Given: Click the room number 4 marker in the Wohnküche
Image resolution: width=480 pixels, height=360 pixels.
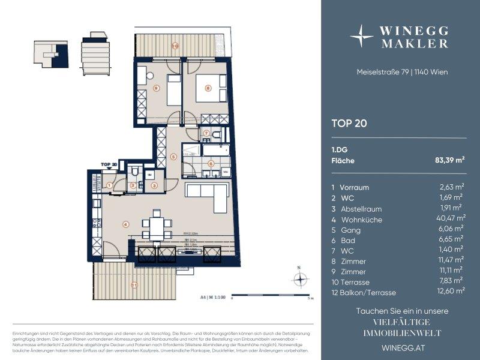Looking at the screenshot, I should pos(125,225).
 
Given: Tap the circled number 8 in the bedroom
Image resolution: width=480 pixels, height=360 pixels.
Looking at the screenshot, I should pos(208,88).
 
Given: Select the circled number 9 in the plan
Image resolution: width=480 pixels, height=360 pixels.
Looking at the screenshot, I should pos(156,89).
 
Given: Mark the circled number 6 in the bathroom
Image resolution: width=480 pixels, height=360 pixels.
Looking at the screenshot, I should pos(210,163).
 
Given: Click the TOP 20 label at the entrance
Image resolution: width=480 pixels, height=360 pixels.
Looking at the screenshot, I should pos(109,163).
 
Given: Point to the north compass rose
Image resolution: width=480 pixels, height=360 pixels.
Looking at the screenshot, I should pos(299,279).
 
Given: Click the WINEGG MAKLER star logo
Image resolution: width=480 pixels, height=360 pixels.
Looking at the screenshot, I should pos(362,36).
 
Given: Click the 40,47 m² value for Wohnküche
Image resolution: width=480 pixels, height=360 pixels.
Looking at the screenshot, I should pos(452,219).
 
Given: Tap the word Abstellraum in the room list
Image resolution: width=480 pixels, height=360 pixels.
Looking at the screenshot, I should pos(361,209).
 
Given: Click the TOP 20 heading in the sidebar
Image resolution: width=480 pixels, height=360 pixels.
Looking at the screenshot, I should pos(349,124).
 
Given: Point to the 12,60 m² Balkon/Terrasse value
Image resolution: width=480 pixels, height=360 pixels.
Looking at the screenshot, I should pos(451,291).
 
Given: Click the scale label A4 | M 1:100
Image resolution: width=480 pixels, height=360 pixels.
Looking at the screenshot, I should pos(210,296).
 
